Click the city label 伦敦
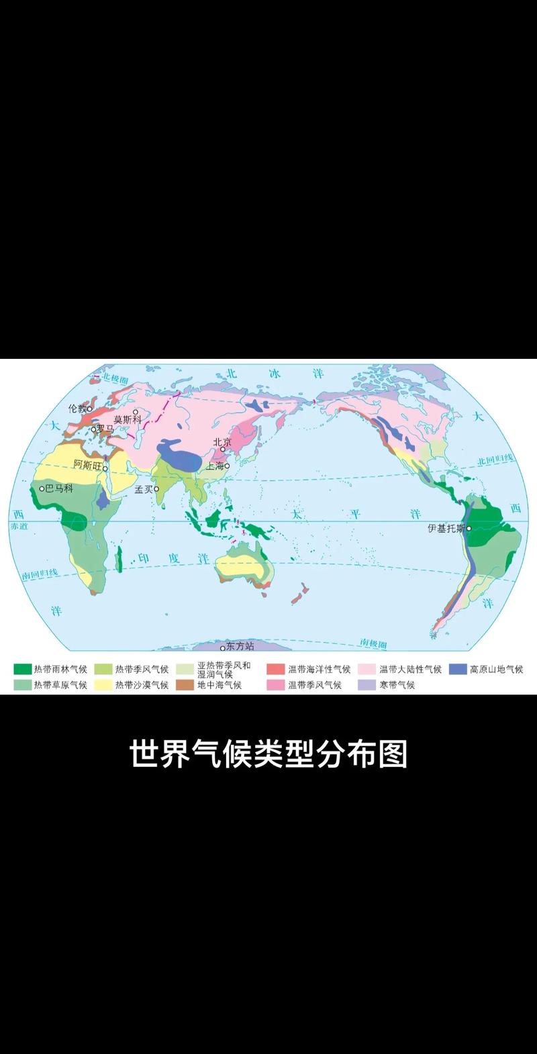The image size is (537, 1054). [77, 408]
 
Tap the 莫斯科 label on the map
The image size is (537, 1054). [127, 419]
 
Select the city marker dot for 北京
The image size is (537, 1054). [223, 450]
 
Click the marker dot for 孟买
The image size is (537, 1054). [156, 489]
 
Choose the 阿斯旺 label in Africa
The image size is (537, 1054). [87, 464]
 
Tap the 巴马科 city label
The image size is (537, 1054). [58, 488]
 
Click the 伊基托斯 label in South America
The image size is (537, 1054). [446, 528]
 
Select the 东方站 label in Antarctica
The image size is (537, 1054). [240, 646]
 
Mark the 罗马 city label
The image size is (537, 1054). [105, 428]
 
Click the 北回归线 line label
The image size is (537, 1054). [495, 460]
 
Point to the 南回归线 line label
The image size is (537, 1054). [40, 575]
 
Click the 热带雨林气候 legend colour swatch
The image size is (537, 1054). [22, 669]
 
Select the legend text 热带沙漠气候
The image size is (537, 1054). [142, 685]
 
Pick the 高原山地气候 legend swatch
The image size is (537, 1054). [457, 669]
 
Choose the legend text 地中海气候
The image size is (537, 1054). [219, 685]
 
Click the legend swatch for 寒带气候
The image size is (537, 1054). [366, 685]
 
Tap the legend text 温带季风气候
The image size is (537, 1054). [315, 685]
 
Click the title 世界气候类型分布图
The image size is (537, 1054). [268, 754]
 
